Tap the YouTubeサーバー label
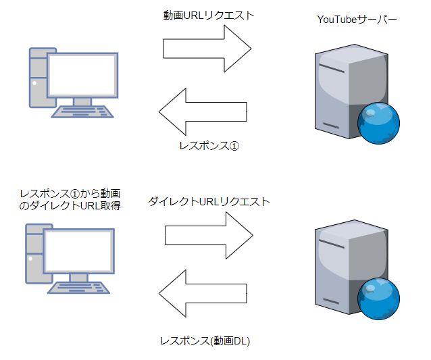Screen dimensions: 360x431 (357, 20)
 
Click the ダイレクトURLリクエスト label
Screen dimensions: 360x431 (209, 202)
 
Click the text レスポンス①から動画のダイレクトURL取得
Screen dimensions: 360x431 (70, 199)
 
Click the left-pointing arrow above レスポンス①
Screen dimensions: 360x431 (202, 111)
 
